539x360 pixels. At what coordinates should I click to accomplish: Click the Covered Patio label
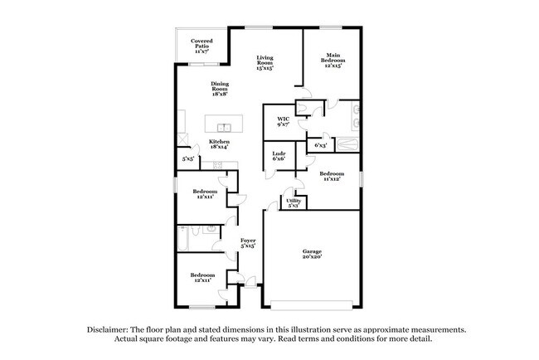click(x=201, y=46)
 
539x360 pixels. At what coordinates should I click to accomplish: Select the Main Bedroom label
click(x=333, y=61)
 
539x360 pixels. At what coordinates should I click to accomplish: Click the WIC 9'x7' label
click(x=283, y=123)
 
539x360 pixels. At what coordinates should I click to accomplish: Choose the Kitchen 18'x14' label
click(x=219, y=145)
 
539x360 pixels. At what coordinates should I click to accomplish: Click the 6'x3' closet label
click(x=320, y=145)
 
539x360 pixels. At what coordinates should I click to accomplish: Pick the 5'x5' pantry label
click(x=189, y=158)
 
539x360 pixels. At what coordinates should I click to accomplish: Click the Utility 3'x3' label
click(x=294, y=202)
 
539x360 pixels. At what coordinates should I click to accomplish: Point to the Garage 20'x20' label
click(x=311, y=254)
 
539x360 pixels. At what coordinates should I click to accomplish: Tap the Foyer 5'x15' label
click(x=248, y=243)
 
